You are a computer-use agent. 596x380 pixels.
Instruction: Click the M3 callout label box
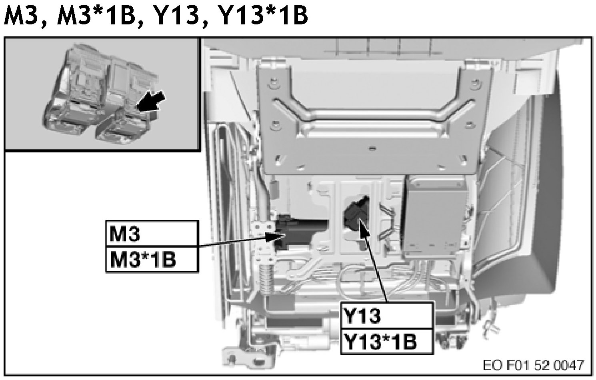(x=152, y=234)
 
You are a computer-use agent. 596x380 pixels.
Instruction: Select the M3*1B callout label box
(x=152, y=260)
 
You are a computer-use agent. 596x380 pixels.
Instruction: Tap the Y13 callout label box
(x=386, y=316)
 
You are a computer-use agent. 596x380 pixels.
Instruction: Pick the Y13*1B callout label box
(x=386, y=342)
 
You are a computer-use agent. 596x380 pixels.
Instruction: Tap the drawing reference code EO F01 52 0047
(x=533, y=365)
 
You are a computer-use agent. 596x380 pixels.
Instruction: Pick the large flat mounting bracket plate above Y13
(x=372, y=120)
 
